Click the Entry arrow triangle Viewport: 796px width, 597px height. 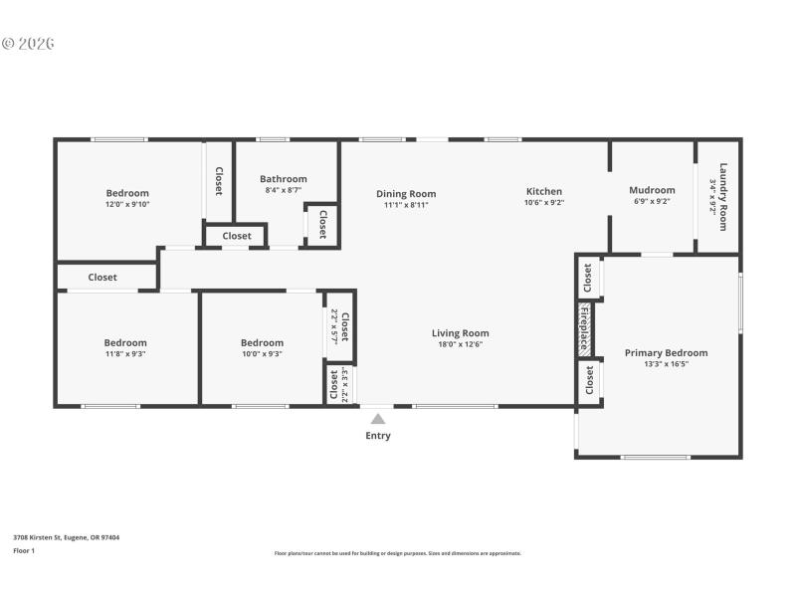pyautogui.click(x=378, y=419)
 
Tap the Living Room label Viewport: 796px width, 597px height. pyautogui.click(x=460, y=333)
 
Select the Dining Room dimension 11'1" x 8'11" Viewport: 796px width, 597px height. pyautogui.click(x=406, y=205)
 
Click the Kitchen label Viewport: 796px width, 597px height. pyautogui.click(x=544, y=191)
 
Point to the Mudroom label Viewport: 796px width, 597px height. pyautogui.click(x=652, y=190)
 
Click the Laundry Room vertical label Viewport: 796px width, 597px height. pyautogui.click(x=723, y=196)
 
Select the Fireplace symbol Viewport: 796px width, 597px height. pyautogui.click(x=585, y=329)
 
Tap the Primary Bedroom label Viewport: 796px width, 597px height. pyautogui.click(x=666, y=352)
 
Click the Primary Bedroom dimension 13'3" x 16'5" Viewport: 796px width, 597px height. pyautogui.click(x=666, y=364)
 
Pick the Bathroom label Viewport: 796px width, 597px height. pyautogui.click(x=284, y=179)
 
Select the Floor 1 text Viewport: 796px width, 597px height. pyautogui.click(x=24, y=550)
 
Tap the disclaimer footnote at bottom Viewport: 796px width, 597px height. pyautogui.click(x=397, y=553)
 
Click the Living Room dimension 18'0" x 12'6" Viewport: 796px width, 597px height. pyautogui.click(x=460, y=345)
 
